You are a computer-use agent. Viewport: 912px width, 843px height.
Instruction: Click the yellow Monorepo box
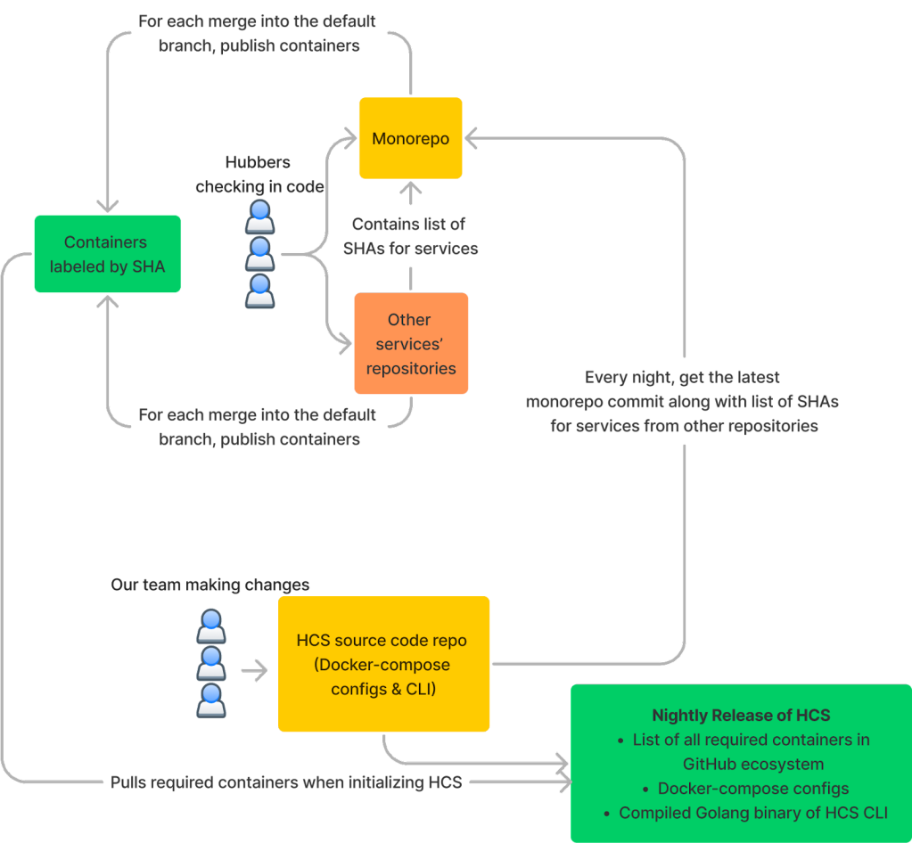point(410,138)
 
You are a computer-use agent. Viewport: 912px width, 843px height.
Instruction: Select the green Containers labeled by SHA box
point(107,254)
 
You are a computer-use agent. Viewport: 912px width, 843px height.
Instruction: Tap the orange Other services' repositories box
point(411,343)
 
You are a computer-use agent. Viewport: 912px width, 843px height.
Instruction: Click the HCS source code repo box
point(383,664)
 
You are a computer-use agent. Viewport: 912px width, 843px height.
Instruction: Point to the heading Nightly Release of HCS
point(741,716)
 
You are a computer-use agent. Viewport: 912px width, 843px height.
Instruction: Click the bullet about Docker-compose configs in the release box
point(752,789)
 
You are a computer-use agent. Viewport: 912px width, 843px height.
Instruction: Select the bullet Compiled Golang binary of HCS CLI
point(752,813)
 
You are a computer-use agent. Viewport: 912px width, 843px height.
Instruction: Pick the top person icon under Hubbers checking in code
point(259,217)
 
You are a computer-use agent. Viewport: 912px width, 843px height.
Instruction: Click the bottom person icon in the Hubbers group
point(259,291)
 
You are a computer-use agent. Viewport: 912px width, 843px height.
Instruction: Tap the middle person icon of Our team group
point(210,664)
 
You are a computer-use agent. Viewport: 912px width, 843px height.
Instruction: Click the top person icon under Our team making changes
point(210,626)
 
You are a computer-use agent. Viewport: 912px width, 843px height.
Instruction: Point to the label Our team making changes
point(210,585)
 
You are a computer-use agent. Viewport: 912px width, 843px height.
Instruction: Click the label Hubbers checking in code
point(259,175)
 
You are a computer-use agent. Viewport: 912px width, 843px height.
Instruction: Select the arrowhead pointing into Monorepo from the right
point(472,138)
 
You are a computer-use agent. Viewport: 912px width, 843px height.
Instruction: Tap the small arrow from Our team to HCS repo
point(256,671)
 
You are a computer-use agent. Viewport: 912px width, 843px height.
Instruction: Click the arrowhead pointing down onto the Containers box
point(107,207)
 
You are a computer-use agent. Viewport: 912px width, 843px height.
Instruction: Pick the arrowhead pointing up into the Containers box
point(107,301)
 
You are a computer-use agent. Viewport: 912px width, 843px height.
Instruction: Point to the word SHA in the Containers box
point(148,266)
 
